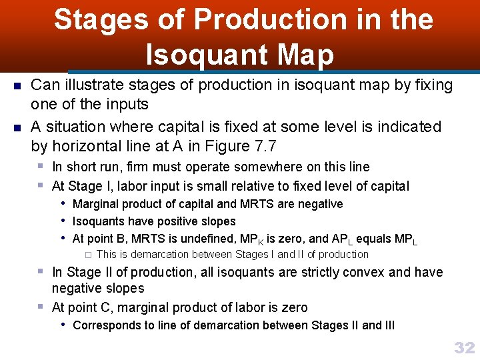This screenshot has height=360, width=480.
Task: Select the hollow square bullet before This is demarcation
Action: click(87, 255)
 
